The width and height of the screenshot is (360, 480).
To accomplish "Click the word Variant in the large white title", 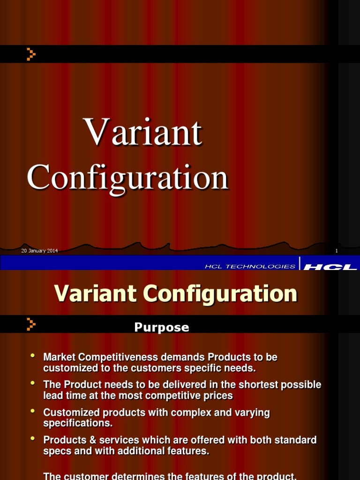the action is tap(142, 132).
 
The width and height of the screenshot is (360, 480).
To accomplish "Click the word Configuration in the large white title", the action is tap(127, 178).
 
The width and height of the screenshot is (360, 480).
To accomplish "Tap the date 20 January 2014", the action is tap(39, 251).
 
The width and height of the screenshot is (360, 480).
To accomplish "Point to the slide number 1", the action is tap(337, 251).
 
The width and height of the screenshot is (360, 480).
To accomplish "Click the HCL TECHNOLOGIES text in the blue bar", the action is tap(250, 266).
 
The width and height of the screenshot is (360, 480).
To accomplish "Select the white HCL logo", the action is tap(330, 267).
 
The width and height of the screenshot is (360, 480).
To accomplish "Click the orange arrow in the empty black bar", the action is tap(31, 54).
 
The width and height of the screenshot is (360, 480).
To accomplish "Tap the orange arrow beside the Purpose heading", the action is tap(31, 324).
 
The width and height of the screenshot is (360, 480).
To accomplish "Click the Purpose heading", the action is tap(162, 327).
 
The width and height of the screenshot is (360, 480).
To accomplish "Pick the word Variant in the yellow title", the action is tap(95, 293).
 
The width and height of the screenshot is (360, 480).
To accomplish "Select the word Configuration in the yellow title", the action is tap(220, 294).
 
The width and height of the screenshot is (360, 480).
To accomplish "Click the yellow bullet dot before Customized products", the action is tap(33, 411).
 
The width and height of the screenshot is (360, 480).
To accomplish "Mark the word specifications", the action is tap(78, 423).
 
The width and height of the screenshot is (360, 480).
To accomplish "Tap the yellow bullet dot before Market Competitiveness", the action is tap(33, 355).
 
